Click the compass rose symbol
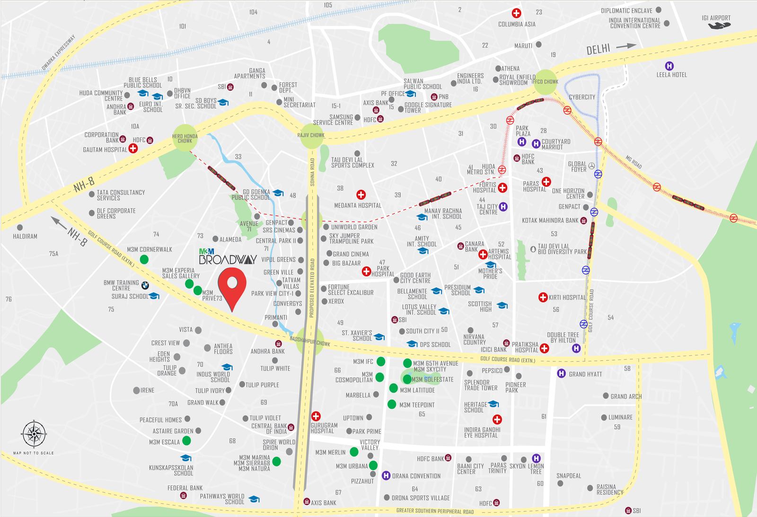click(34, 433)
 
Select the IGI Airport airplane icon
click(719, 26)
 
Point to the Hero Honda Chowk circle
click(185, 138)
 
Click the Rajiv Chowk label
click(311, 135)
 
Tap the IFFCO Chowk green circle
click(546, 82)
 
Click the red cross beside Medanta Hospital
click(361, 194)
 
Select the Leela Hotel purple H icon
click(669, 66)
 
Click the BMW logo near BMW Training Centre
click(145, 285)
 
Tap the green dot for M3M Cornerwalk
click(144, 259)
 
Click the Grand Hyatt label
click(585, 374)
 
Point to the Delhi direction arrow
click(625, 46)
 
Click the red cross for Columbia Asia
click(516, 13)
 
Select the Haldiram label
click(25, 236)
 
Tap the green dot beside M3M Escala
click(186, 440)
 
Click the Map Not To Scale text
click(33, 453)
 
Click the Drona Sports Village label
click(421, 498)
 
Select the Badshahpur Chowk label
click(310, 341)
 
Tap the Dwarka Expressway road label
click(59, 53)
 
